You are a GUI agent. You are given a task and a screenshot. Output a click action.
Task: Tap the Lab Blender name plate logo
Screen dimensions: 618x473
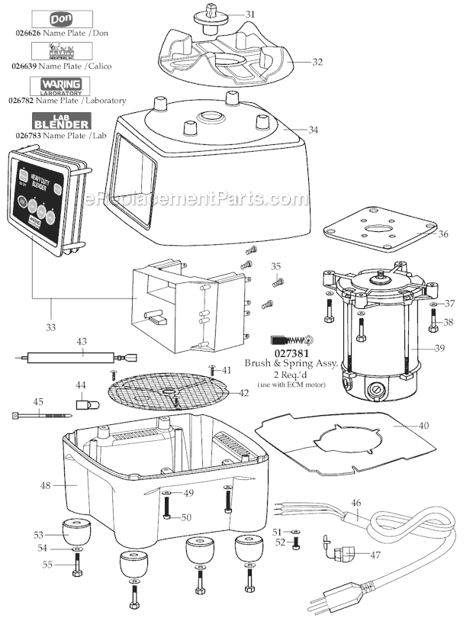pos(62,121)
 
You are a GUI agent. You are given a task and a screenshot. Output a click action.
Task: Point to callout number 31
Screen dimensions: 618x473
pos(250,14)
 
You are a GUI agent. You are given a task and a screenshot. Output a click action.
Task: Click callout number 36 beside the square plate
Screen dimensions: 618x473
pos(442,234)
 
